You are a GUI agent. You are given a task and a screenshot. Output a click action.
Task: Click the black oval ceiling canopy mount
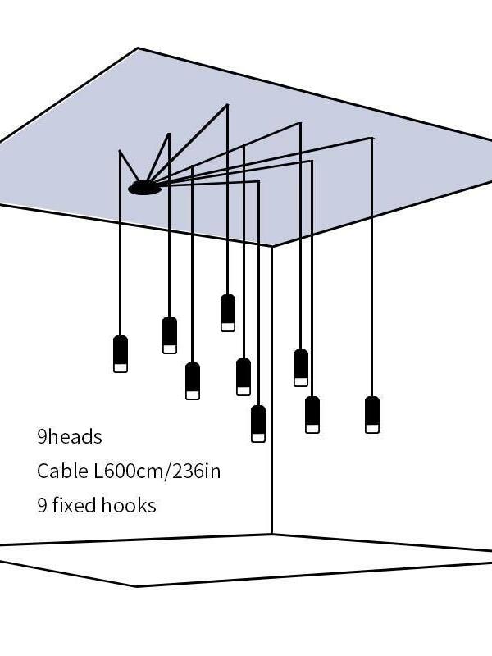coord(144,188)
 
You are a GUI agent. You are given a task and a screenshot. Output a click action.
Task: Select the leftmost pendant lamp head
coord(121,353)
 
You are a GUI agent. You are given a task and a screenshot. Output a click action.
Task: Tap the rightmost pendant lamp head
coord(372,414)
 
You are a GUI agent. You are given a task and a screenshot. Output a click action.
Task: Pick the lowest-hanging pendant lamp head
coord(258,423)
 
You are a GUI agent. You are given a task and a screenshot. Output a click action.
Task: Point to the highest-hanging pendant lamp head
coord(228,312)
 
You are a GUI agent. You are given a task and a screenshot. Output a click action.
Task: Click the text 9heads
coord(70,436)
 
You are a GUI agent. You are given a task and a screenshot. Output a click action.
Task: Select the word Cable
coord(59,471)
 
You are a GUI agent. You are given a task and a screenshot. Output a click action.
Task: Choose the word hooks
coord(129,505)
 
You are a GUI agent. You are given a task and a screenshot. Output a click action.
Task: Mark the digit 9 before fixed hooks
coord(42,505)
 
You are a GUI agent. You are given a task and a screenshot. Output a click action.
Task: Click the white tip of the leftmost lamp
coord(121,367)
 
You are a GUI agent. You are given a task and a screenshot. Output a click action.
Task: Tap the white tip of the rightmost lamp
coord(372,427)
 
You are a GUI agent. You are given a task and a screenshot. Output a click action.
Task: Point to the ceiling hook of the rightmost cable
coord(372,138)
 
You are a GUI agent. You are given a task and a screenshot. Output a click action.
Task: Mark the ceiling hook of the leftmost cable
coord(120,151)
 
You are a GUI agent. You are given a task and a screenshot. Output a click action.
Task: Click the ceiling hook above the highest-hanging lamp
coord(228,105)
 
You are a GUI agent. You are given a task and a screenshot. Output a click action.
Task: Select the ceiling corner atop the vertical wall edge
coord(272,246)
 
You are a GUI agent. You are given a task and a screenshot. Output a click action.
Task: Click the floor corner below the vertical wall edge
coord(272,535)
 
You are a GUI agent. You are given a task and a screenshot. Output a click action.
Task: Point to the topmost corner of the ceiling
coord(138,48)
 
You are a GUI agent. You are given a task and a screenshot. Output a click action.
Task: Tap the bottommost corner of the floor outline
coord(136,586)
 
